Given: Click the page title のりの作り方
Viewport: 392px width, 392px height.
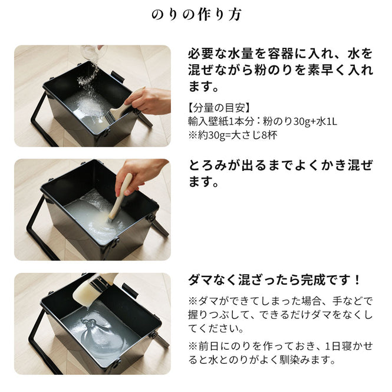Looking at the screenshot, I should coord(196,15).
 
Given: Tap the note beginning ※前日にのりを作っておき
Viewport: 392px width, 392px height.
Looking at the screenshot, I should coord(280,352).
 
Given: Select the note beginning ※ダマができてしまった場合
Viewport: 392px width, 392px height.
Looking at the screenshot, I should coord(280,314).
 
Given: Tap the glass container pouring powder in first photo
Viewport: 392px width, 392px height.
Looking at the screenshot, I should coord(93,52).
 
